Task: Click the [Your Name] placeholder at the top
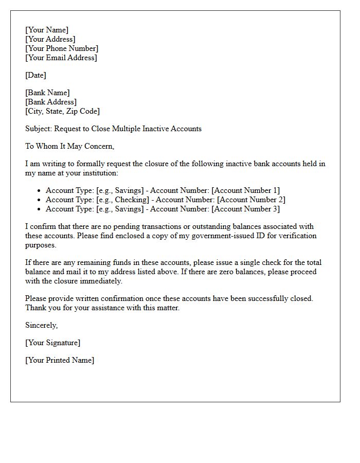tap(47, 30)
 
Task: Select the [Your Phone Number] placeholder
tap(62, 48)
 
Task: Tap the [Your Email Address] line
tap(61, 58)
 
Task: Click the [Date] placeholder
tap(35, 75)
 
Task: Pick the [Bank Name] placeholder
tap(47, 93)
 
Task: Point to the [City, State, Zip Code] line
tap(62, 111)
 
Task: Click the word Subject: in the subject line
tap(39, 129)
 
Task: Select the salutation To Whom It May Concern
tap(69, 146)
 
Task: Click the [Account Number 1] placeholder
tap(246, 190)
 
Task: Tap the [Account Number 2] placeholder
tap(251, 200)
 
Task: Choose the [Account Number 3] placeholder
tap(246, 209)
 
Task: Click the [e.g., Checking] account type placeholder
tap(124, 200)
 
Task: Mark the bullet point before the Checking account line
tap(39, 200)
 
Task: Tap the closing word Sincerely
tap(41, 325)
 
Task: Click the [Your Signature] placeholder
tap(52, 343)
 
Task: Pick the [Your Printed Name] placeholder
tap(60, 360)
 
